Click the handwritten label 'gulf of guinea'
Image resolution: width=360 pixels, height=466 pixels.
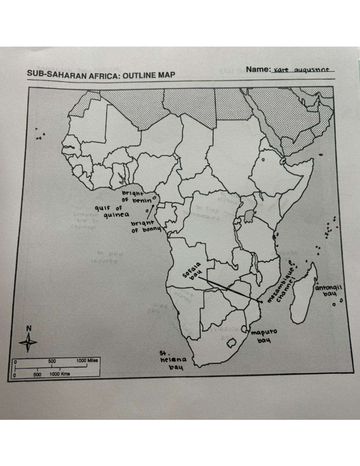coord(112,212)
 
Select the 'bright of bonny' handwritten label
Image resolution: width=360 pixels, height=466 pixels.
coord(145,227)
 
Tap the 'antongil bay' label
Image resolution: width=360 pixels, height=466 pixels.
coord(328,290)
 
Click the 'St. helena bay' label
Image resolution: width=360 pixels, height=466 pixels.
coord(173,360)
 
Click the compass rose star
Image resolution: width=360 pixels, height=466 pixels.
coord(28,342)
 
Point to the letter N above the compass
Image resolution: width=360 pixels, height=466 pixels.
coord(28,328)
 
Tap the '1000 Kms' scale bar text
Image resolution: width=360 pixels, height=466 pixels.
coord(59,374)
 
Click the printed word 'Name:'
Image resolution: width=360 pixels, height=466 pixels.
coord(258,70)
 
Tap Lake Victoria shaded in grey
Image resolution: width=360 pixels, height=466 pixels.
coord(249,216)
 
